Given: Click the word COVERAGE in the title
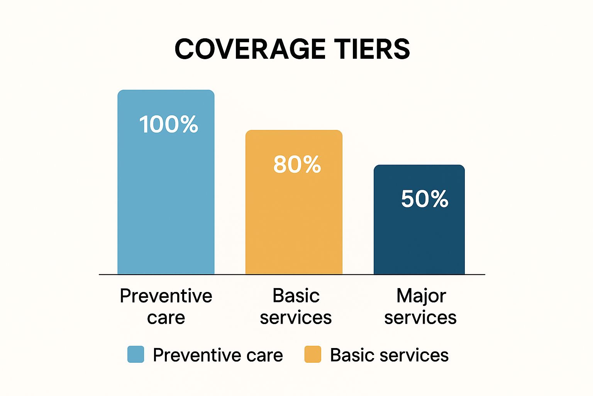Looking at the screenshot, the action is (x=250, y=49).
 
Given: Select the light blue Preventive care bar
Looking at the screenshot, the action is (x=166, y=182).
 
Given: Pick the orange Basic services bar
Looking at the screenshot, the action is (x=294, y=202).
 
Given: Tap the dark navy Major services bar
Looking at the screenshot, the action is (x=419, y=219).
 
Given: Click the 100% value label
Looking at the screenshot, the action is (x=169, y=124).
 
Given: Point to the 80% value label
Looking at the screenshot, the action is (x=297, y=164).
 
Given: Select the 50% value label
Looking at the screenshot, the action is (x=425, y=199).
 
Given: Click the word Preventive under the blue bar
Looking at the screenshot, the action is (x=166, y=296).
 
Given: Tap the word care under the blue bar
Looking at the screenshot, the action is (x=166, y=318).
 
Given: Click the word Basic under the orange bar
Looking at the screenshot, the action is (x=296, y=296).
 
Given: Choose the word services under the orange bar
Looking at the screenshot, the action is (x=296, y=318).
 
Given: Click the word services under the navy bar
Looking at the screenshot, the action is (x=420, y=318).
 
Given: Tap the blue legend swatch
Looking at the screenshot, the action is (x=136, y=354).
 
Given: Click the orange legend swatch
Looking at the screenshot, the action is (x=313, y=354).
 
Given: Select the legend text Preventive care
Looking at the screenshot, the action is (x=218, y=355).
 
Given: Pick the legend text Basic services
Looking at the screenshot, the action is (x=389, y=355).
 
